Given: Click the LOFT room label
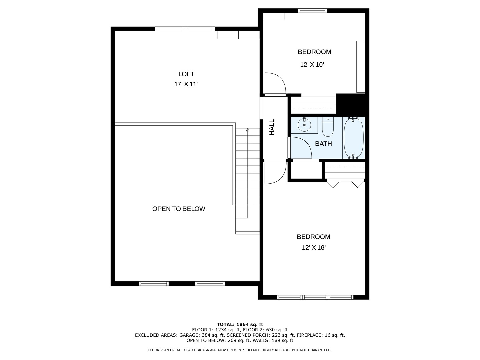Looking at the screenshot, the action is (186, 74).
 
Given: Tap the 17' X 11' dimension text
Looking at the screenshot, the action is (186, 84).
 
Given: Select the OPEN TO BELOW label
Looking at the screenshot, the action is (179, 209).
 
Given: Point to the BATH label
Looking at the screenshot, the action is (323, 144).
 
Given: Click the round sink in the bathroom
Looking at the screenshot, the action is (304, 125).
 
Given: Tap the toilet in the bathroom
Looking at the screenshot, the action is (328, 127).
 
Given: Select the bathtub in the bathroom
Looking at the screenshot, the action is (353, 138).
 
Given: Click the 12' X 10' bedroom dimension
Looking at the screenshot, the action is (312, 65).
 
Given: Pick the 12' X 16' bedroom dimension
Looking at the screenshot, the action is (314, 248).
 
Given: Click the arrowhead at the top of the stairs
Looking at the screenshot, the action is (248, 130).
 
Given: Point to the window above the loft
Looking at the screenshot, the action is (185, 29).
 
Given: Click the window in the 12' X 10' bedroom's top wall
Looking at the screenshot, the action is (312, 10).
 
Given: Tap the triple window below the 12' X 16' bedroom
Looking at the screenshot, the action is (315, 297).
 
